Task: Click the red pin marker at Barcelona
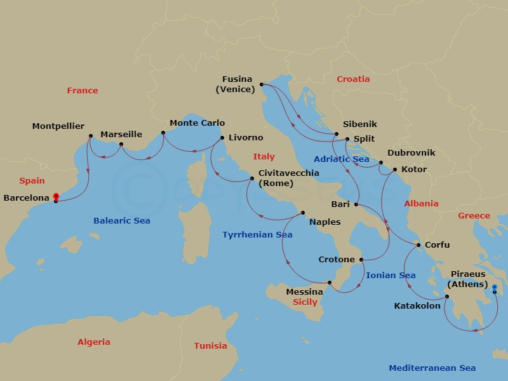click(56, 197)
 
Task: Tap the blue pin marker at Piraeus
click(495, 288)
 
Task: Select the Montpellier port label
click(58, 126)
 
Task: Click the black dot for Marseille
click(121, 144)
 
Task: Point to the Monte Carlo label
click(197, 123)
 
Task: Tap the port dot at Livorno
click(222, 138)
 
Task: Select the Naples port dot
click(303, 213)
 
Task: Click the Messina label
click(304, 292)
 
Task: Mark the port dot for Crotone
click(361, 260)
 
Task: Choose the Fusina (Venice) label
click(236, 84)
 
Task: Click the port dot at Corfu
click(418, 245)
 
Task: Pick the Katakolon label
click(417, 306)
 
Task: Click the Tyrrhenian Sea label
click(257, 235)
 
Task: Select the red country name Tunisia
click(210, 346)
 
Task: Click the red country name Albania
click(421, 204)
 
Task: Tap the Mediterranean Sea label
click(432, 368)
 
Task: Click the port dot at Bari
click(356, 204)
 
